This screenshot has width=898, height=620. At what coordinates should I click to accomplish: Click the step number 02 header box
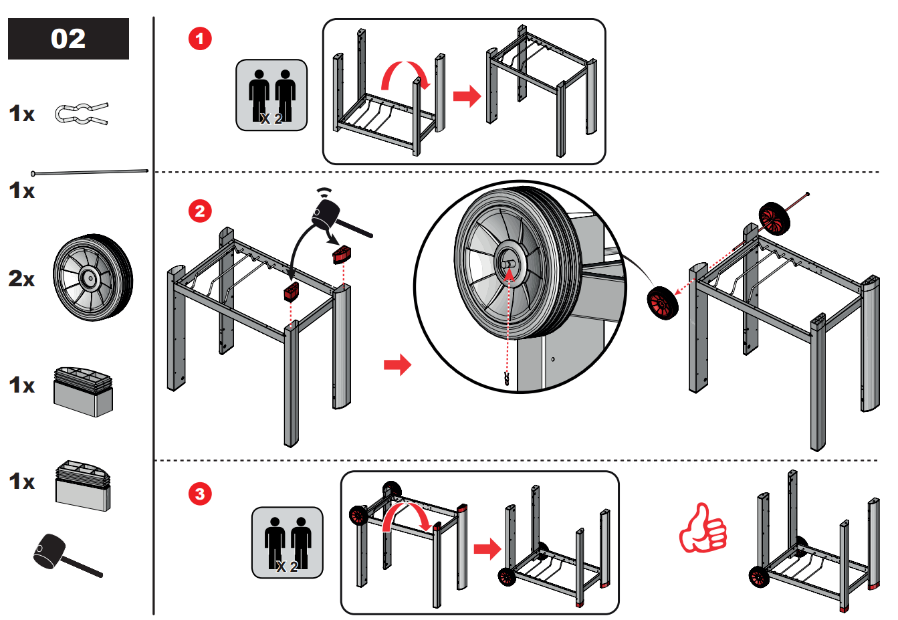pyautogui.click(x=69, y=39)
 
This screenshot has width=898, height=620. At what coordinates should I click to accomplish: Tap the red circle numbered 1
pyautogui.click(x=200, y=39)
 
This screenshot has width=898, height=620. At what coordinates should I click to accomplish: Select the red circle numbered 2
pyautogui.click(x=200, y=211)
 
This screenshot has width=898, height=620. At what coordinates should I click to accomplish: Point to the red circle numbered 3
pyautogui.click(x=200, y=494)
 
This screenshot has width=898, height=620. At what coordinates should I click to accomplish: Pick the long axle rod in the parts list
pyautogui.click(x=90, y=173)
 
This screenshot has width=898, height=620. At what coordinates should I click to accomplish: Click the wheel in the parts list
pyautogui.click(x=93, y=278)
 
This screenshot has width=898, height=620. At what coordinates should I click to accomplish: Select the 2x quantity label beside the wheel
pyautogui.click(x=21, y=278)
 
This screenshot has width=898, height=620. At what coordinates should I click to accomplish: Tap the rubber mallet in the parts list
pyautogui.click(x=68, y=555)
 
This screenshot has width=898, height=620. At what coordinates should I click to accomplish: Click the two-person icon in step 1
pyautogui.click(x=271, y=95)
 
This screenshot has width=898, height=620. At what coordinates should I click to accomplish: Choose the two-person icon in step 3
pyautogui.click(x=288, y=542)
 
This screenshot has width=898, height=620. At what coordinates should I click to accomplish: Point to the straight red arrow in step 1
pyautogui.click(x=467, y=96)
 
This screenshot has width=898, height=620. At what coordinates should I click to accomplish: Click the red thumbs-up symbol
pyautogui.click(x=703, y=528)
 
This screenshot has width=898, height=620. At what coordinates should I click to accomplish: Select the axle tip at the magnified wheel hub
pyautogui.click(x=508, y=264)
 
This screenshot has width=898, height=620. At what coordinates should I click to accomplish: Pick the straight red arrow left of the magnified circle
pyautogui.click(x=398, y=365)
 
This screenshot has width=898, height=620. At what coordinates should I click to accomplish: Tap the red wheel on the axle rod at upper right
pyautogui.click(x=774, y=219)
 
